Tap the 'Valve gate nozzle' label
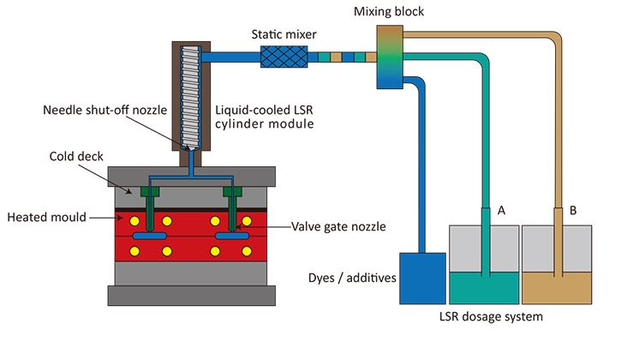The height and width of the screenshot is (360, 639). pos(337,226)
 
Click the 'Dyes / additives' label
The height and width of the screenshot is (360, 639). pos(352,277)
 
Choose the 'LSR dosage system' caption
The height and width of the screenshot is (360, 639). pos(492,316)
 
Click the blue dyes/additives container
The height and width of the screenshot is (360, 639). pos(423,278)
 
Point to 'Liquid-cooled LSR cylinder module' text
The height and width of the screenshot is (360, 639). pos(263,118)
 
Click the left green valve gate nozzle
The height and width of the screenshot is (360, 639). pos(151,206)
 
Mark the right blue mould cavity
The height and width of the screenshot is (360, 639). pos(232,234)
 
